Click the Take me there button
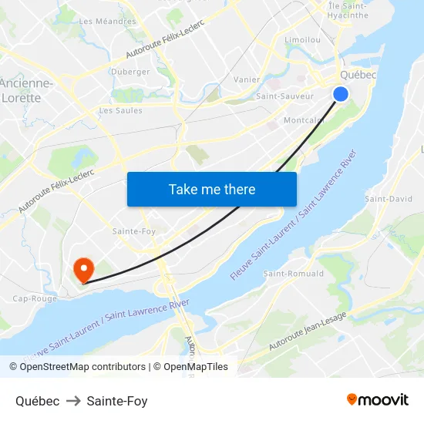212,189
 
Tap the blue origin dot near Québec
340,93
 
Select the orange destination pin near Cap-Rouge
82,269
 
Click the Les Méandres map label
107,21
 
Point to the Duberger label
130,72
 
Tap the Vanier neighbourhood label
247,79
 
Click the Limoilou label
302,39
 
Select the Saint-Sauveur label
284,96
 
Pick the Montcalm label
304,121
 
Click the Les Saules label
120,111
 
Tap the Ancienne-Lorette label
27,90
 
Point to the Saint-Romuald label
294,274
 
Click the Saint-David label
389,199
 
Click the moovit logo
377,400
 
